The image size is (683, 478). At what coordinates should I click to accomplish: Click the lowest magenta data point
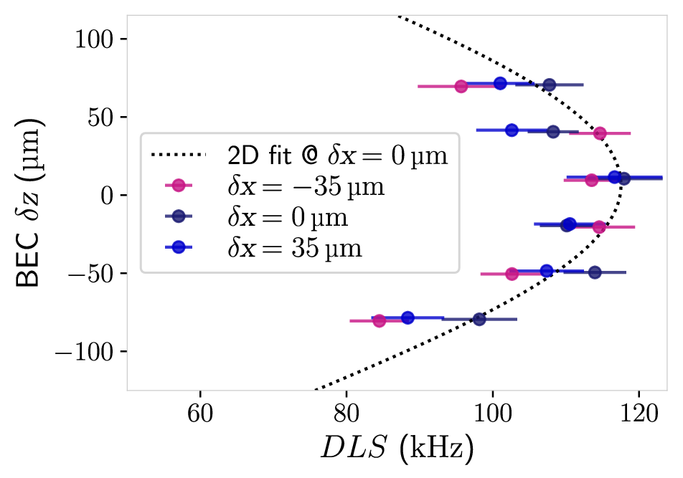point(380,321)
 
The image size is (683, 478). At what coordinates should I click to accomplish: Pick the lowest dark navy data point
point(479,319)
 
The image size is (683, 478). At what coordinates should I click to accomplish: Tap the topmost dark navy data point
point(550,85)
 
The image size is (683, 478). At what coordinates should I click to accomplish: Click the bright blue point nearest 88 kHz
point(408,317)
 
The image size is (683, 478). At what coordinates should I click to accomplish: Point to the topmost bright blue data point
point(501,83)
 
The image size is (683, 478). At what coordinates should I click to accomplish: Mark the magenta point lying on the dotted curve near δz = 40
point(600,133)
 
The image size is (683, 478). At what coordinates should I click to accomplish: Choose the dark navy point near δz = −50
point(595,273)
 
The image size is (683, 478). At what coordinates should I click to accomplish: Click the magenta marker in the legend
point(179,186)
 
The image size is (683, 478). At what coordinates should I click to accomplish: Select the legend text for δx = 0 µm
point(288,217)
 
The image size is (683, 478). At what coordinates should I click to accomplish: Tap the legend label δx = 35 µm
point(294,249)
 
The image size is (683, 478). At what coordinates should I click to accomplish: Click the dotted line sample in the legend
point(178,154)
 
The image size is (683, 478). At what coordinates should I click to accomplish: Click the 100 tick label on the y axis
point(94,39)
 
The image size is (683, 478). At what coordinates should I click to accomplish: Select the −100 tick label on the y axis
point(85,351)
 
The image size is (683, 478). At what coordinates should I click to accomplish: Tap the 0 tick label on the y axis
point(107,196)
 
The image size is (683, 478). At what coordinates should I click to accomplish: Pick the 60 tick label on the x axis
point(200,413)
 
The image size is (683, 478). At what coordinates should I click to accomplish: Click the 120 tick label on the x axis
point(639,413)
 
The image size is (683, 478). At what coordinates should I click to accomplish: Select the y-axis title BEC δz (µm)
point(28,203)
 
